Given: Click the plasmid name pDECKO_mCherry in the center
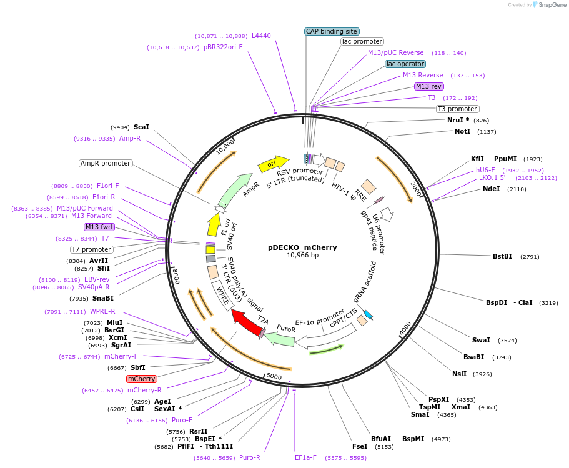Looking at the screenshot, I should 302,247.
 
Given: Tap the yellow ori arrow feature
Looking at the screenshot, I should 273,164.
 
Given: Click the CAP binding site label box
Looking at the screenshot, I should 331,31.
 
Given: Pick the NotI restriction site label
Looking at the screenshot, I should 462,132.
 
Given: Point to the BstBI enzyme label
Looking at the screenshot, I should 502,256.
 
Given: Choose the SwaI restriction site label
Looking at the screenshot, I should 481,341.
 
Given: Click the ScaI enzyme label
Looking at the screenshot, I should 141,126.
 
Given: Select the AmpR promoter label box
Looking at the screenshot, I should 106,164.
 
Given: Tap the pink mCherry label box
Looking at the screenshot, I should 141,379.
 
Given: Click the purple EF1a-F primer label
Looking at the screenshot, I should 305,457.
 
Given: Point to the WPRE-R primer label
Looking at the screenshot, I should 102,312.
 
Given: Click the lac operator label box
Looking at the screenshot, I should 405,64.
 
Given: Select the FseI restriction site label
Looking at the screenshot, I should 360,447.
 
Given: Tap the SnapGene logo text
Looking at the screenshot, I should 552,5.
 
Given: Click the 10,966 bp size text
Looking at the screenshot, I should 302,256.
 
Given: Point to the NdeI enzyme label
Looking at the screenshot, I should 491,189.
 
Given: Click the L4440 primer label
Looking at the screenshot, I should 261,36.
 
